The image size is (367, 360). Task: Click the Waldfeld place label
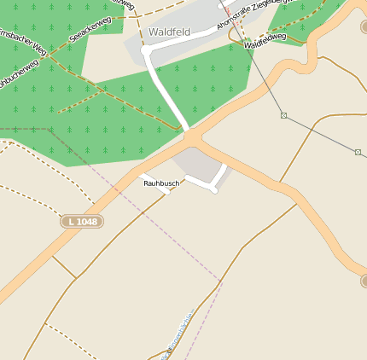(x=169, y=32)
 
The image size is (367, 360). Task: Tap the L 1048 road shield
(x=81, y=222)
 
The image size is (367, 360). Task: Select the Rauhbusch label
(x=161, y=183)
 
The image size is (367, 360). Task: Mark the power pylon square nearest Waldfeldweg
(x=284, y=115)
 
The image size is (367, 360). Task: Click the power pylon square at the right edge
(x=358, y=152)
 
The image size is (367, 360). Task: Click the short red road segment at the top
(x=226, y=9)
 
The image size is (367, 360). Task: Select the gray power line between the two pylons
(x=321, y=134)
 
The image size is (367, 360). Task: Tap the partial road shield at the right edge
(x=363, y=280)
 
